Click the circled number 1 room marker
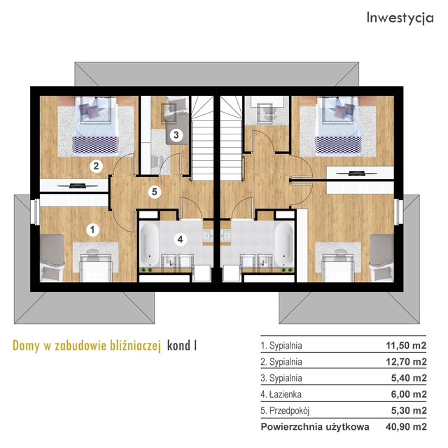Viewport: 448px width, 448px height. (x=92, y=230)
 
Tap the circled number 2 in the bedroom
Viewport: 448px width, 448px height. (x=96, y=166)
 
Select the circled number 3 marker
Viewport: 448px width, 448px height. (x=176, y=134)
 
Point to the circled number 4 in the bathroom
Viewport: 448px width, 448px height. (x=180, y=239)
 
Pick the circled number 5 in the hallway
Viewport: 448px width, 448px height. (x=155, y=191)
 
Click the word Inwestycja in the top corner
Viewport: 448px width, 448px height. (x=400, y=18)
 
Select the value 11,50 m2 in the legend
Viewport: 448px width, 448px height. (x=406, y=345)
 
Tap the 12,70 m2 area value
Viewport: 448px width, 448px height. (x=406, y=362)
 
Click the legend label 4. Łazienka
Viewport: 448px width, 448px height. (x=281, y=394)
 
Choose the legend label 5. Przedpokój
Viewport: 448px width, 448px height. (x=285, y=411)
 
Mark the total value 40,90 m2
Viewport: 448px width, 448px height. (x=406, y=427)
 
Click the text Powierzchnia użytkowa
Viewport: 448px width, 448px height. (x=315, y=427)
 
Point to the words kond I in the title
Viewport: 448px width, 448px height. (x=182, y=345)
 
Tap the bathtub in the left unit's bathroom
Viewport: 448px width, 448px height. (x=149, y=244)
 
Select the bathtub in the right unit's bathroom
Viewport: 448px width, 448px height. (x=284, y=244)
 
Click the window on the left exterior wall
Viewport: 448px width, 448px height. (x=36, y=211)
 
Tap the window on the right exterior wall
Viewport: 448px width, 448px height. (x=398, y=211)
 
